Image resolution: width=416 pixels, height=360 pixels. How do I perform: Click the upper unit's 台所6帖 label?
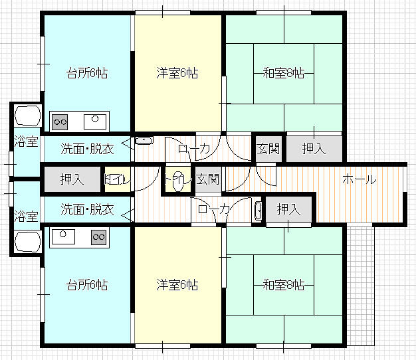87,73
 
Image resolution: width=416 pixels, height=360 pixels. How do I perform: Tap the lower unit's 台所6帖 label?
87,285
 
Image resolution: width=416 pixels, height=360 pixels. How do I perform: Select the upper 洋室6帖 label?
177,73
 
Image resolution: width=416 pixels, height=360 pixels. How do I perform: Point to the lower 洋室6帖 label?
177,285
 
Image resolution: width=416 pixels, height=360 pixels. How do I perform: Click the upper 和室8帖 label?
284,73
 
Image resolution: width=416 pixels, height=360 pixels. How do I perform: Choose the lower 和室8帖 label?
284,285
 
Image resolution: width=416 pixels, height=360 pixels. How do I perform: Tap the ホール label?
360,179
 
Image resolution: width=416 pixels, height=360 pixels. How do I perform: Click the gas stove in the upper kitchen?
60,122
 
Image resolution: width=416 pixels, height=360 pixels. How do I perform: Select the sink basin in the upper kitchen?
95,122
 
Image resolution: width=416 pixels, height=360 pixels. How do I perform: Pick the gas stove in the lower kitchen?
99,237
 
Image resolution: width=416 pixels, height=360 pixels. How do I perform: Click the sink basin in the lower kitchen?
63,236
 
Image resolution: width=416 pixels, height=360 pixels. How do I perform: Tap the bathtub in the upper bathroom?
28,116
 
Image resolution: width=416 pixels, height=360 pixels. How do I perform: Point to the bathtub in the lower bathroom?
28,242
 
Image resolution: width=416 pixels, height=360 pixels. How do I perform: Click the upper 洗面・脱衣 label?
87,149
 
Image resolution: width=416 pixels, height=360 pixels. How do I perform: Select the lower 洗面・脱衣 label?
87,209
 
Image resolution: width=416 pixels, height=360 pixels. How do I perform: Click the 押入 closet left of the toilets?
72,179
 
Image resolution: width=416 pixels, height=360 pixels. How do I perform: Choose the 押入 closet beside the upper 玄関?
314,149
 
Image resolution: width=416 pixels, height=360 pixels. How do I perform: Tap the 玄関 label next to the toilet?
208,179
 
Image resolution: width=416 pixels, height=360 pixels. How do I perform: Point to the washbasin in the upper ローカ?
144,141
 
